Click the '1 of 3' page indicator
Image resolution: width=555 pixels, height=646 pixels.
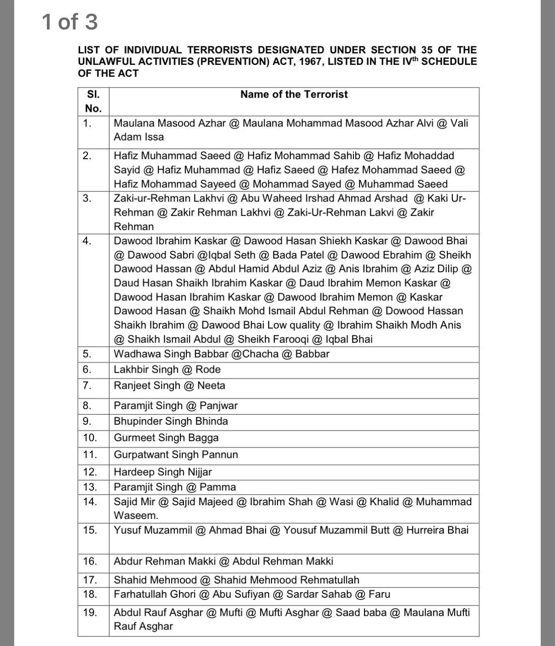click(x=69, y=22)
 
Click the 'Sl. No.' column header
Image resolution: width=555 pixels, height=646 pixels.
click(x=93, y=101)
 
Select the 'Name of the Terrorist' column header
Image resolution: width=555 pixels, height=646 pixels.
click(x=294, y=94)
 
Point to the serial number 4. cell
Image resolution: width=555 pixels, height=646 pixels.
click(x=87, y=241)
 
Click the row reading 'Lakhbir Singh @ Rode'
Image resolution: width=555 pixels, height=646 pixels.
click(x=167, y=369)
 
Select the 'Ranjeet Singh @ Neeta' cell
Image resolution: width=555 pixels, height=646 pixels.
click(x=169, y=386)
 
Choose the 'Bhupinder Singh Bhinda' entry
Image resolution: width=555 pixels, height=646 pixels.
click(x=171, y=421)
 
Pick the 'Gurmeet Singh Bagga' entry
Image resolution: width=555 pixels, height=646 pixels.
click(x=166, y=438)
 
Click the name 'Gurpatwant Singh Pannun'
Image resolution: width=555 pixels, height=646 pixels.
click(x=176, y=455)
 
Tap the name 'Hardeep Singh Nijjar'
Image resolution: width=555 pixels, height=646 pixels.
click(x=163, y=472)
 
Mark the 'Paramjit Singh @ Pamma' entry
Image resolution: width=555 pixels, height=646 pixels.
click(x=175, y=487)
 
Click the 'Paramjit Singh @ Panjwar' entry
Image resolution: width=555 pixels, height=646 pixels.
click(x=176, y=405)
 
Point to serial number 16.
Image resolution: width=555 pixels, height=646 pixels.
click(x=90, y=561)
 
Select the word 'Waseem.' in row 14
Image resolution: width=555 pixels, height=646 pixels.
click(x=136, y=515)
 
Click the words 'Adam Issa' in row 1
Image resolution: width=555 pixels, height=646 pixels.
click(x=139, y=137)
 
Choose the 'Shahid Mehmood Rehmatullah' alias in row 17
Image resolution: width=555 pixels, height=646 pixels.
click(x=286, y=580)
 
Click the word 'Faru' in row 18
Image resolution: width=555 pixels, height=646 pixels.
click(x=379, y=594)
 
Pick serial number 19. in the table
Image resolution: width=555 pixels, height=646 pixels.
click(x=90, y=612)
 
